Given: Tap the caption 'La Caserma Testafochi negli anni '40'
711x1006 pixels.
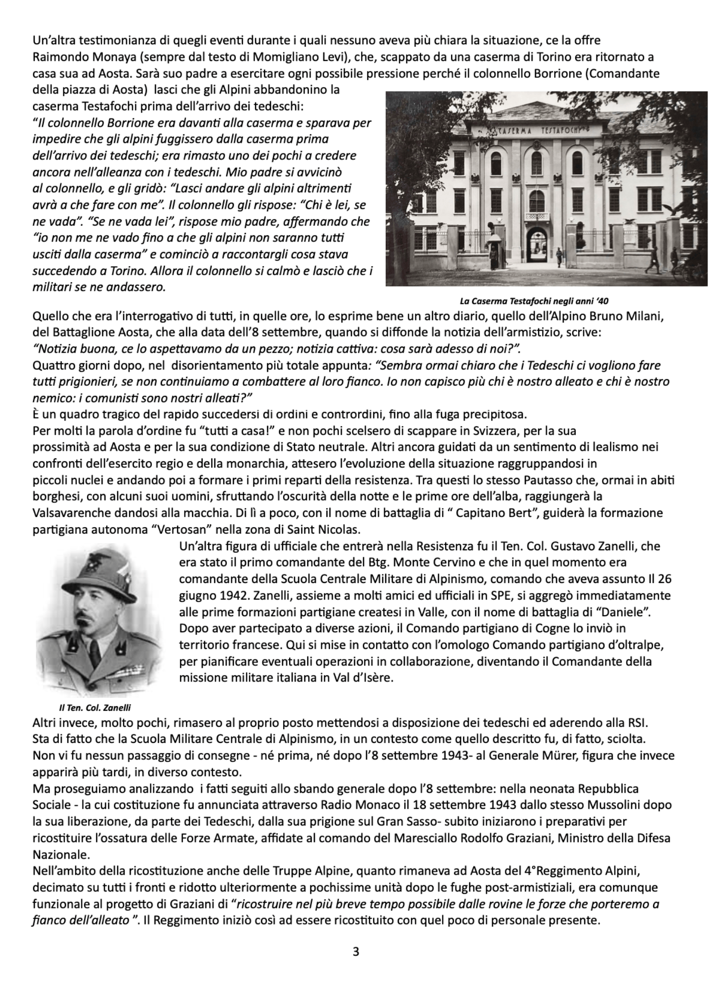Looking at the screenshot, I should pyautogui.click(x=534, y=301).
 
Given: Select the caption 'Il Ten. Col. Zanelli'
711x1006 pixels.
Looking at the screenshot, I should pyautogui.click(x=95, y=707).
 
